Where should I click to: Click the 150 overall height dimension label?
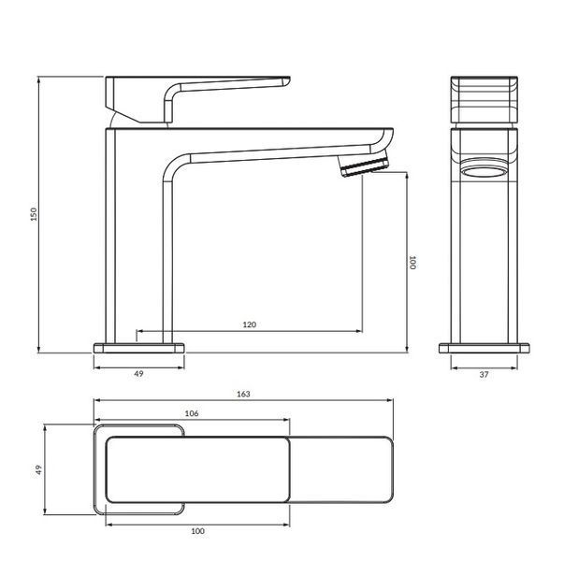coord(34,214)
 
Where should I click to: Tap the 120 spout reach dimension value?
coord(250,324)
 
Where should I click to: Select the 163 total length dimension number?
coord(243,394)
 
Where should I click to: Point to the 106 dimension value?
coord(192,413)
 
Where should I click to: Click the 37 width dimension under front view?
coord(484,374)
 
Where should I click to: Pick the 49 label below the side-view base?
coord(138,374)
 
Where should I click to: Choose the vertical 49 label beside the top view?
coord(38,469)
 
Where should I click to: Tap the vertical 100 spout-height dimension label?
coord(412,262)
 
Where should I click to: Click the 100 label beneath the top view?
coord(197,531)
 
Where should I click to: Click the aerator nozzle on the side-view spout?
coord(365,164)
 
